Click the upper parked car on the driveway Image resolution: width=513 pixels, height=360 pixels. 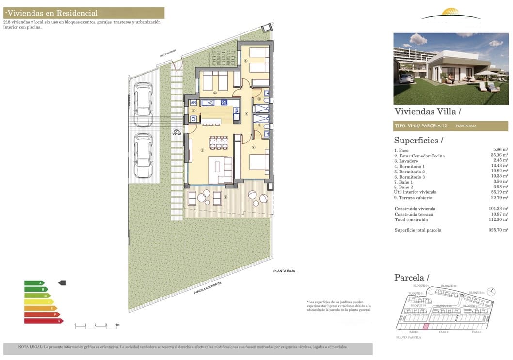[143, 104]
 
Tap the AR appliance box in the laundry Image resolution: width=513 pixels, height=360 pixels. [193, 103]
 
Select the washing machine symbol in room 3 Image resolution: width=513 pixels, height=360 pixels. [193, 119]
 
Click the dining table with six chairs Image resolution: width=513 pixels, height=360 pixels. [219, 142]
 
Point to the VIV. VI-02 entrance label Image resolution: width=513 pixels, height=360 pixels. [176, 132]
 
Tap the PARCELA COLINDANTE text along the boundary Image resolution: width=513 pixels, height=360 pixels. [208, 288]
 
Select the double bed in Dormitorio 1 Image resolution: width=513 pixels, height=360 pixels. [259, 162]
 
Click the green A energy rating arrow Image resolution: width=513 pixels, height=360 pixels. [34, 283]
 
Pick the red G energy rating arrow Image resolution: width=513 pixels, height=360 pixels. [44, 321]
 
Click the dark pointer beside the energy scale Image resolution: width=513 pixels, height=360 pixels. [62, 282]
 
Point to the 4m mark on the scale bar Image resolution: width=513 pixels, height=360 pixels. [117, 324]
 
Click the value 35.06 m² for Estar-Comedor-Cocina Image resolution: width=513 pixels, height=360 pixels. [499, 156]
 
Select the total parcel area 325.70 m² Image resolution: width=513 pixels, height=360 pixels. [498, 230]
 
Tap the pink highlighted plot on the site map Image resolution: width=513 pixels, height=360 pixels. [426, 327]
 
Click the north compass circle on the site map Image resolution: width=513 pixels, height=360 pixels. [492, 291]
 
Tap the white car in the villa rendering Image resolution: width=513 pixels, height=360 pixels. [406, 78]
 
